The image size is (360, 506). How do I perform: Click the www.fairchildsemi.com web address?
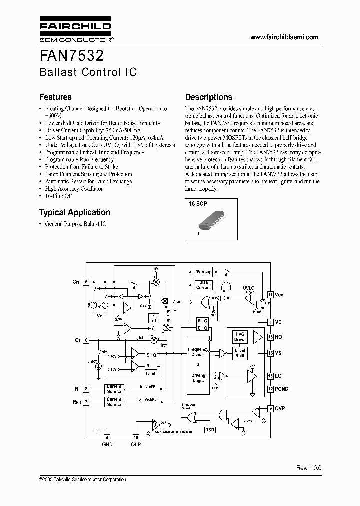(x=284, y=38)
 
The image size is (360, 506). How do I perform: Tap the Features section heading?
(x=55, y=97)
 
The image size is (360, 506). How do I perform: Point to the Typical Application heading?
(x=75, y=212)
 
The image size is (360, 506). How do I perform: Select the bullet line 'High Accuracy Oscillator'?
(x=74, y=189)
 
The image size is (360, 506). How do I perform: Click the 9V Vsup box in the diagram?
(x=203, y=272)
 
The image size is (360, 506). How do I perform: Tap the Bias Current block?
(x=203, y=285)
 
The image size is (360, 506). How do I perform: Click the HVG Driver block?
(x=240, y=337)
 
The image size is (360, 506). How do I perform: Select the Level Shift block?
(x=240, y=353)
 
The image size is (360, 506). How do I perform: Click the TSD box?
(x=210, y=429)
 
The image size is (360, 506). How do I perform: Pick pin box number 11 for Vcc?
(x=270, y=295)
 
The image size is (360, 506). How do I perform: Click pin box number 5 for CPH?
(x=86, y=282)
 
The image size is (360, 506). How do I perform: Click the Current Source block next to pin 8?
(x=114, y=388)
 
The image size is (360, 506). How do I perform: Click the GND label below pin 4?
(x=107, y=444)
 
